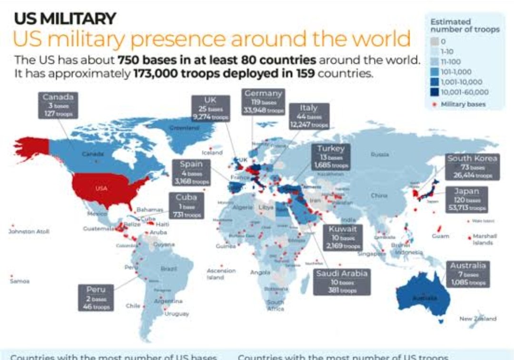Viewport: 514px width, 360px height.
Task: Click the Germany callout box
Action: [263, 101]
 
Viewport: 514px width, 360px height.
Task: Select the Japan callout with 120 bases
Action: [467, 199]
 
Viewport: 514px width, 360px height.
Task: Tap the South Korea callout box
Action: [472, 166]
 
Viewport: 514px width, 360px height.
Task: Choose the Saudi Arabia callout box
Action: [341, 282]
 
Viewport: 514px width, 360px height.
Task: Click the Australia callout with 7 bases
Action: [468, 273]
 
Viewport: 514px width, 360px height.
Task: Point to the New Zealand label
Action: [477, 319]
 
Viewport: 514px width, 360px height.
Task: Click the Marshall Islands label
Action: [485, 239]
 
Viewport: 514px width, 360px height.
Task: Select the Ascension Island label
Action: [221, 273]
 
